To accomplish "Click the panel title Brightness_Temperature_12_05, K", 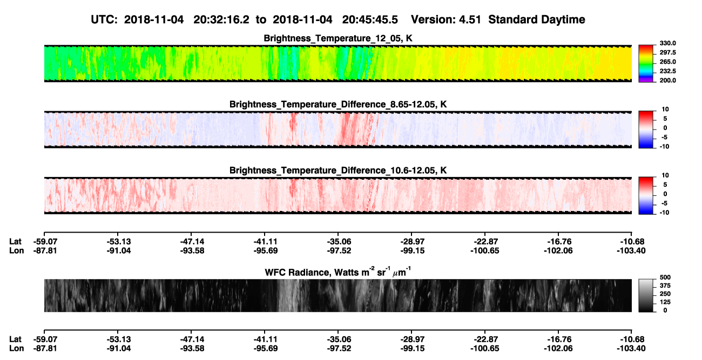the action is (338, 38).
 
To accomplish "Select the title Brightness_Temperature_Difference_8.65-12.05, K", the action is (338, 104).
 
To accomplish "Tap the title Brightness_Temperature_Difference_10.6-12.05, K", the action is (338, 171).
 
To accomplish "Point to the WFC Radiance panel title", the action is (338, 272).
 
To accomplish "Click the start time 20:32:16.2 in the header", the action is (221, 19).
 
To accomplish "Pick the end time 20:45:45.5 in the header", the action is (370, 19).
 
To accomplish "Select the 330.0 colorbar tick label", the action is (667, 43).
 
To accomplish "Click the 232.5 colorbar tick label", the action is (667, 71).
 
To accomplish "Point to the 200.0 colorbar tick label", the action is (667, 80).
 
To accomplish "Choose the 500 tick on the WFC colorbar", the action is (665, 277).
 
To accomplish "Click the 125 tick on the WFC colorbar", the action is (665, 302).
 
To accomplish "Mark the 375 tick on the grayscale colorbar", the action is (665, 286).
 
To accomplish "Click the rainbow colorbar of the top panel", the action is (646, 64).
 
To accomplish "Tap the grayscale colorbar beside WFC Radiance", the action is (646, 295).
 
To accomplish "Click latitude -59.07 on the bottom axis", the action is (45, 339).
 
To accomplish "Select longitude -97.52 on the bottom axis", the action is (339, 349).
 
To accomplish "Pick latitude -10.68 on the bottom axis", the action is (632, 339).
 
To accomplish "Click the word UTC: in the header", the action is (104, 19).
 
